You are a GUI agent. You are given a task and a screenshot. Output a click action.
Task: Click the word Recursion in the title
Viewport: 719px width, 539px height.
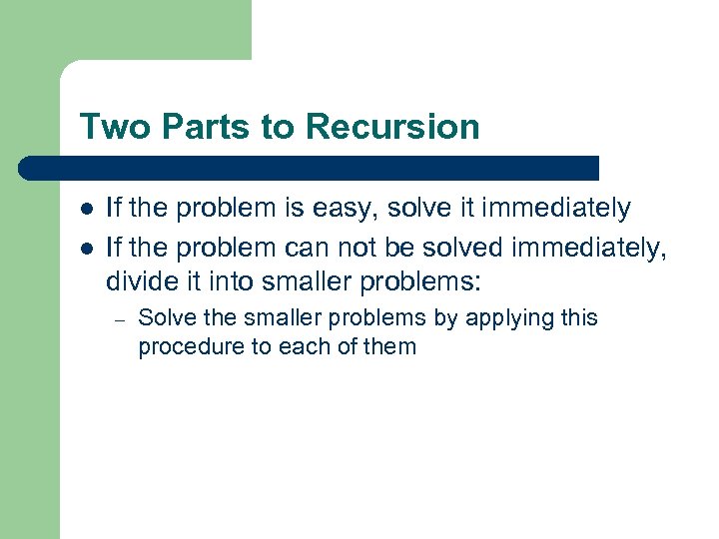pos(392,127)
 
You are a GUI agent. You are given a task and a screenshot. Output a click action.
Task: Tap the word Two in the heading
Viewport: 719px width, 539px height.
pos(107,127)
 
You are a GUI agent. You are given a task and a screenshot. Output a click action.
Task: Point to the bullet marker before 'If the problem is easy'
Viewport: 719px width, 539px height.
pos(87,209)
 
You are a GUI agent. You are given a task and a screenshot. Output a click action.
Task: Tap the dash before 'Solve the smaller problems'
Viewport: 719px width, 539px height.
pos(118,319)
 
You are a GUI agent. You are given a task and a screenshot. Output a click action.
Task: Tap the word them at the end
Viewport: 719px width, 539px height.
pos(389,347)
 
